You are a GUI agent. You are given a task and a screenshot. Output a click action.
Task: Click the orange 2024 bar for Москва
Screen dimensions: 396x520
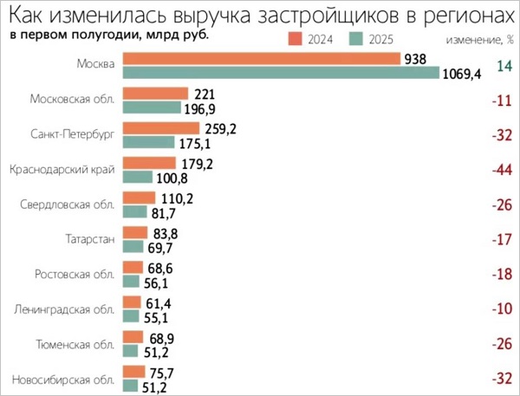point(260,58)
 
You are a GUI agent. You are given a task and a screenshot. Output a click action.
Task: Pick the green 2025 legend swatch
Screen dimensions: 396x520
point(355,39)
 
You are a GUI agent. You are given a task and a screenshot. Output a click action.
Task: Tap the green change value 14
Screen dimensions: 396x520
point(504,66)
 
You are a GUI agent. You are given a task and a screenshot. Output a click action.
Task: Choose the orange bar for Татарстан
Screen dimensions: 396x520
point(134,232)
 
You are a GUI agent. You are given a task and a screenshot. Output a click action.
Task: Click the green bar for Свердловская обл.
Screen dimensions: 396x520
point(134,212)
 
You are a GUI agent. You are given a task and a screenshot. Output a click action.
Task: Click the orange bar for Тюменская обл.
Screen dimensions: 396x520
point(133,336)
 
